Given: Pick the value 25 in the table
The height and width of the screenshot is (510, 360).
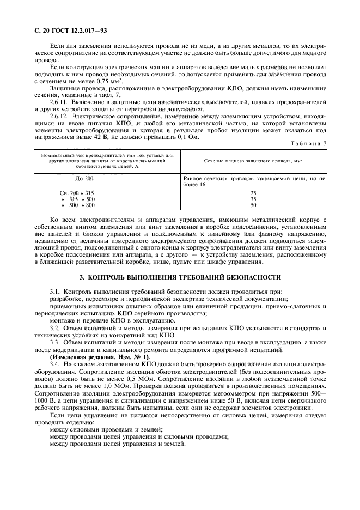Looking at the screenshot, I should [x=253, y=193].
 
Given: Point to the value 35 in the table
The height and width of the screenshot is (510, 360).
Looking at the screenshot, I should [x=253, y=199].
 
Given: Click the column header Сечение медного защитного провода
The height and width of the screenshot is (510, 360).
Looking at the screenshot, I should [x=253, y=162].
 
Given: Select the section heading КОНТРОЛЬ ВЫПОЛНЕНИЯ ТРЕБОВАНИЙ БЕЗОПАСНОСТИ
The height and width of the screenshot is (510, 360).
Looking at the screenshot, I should [x=180, y=277].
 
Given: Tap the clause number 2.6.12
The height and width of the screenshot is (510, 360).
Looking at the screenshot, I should [x=58, y=116].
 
